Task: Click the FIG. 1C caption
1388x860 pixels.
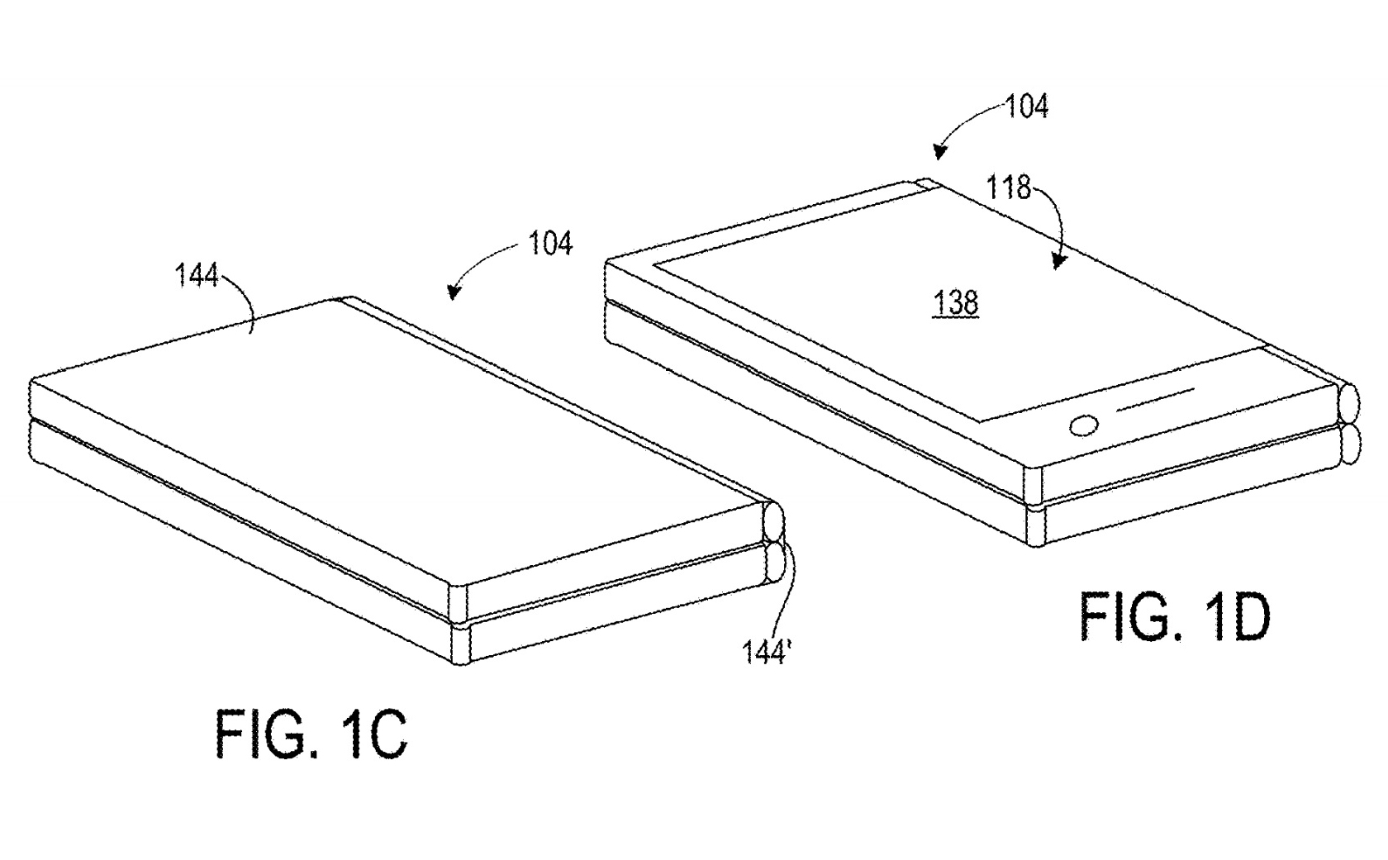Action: coord(311,734)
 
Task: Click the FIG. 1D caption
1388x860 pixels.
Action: coord(1174,616)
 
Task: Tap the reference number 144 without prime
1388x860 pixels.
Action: coord(196,275)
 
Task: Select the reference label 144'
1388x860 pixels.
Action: coord(766,652)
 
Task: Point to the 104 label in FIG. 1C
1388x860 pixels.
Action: coord(550,244)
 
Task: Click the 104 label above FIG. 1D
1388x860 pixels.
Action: coord(1026,107)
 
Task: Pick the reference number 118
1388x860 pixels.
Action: coord(1009,188)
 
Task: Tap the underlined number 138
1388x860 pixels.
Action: coord(956,303)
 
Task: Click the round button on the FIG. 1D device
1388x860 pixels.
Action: coord(1084,426)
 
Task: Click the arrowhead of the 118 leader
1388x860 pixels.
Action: coord(1058,261)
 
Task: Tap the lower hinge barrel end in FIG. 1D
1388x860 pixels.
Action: coord(1349,445)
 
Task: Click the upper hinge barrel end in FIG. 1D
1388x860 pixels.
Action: coord(1349,404)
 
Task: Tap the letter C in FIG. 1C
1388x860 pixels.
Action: coord(384,734)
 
